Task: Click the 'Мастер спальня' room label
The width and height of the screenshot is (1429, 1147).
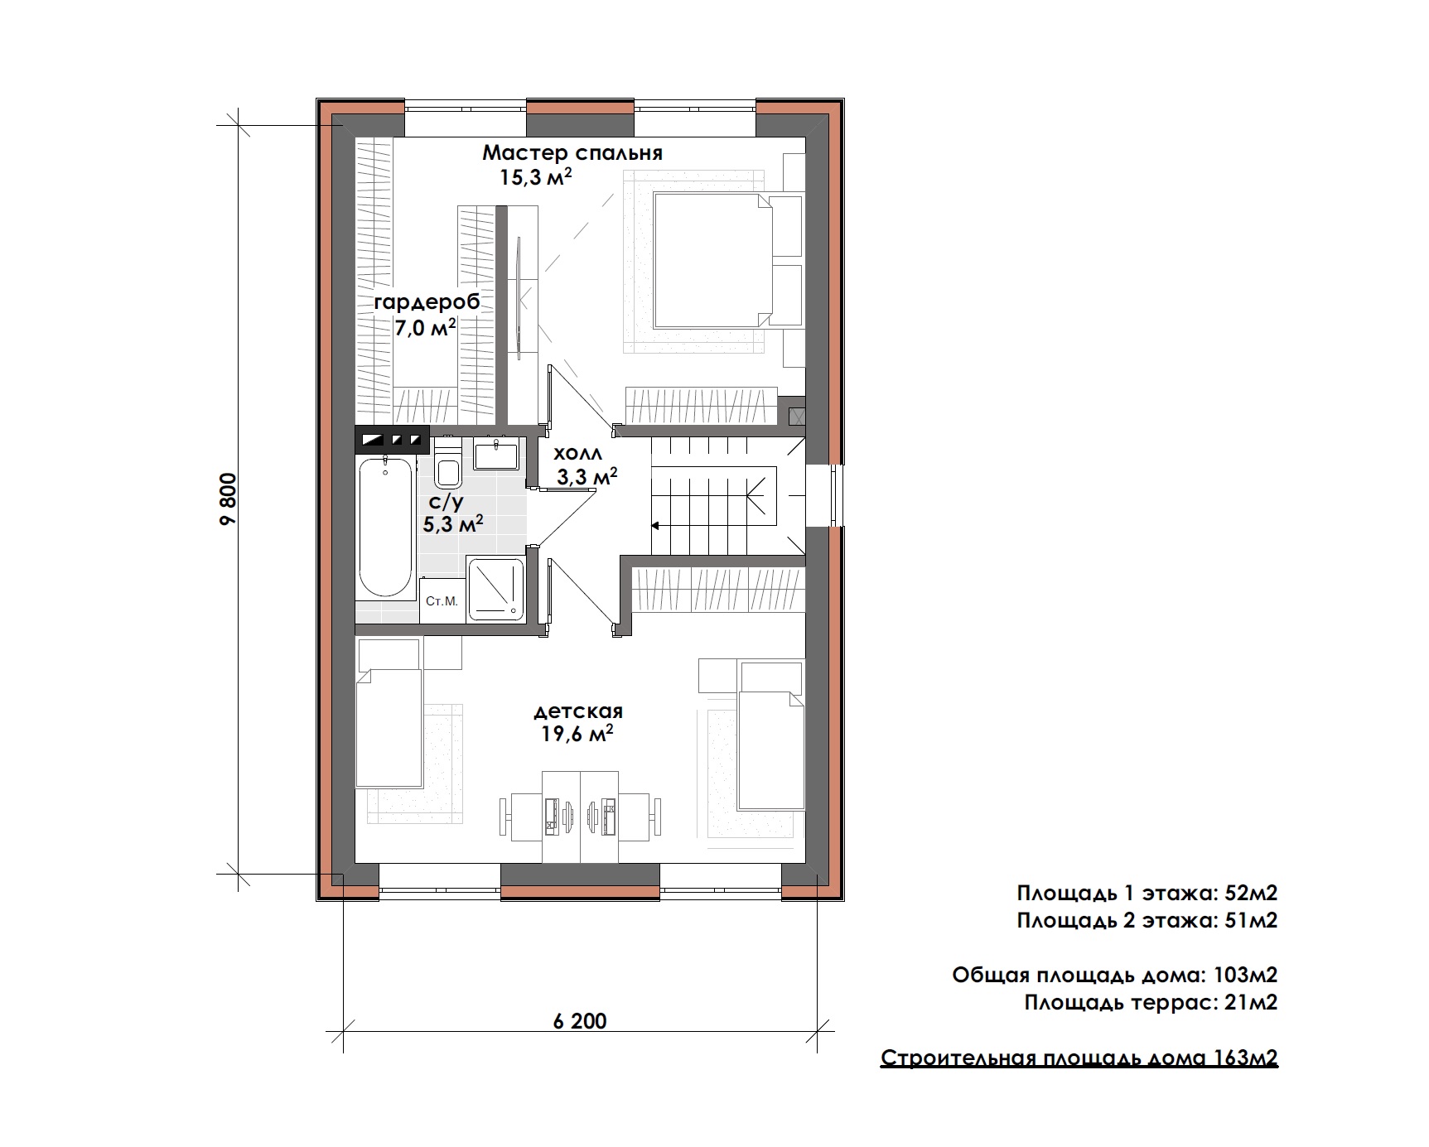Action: point(572,153)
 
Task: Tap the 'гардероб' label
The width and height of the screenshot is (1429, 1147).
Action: point(427,303)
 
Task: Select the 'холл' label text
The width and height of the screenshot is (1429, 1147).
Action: point(577,453)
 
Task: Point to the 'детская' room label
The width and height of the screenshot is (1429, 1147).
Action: point(578,711)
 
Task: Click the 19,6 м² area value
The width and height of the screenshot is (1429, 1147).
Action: point(577,734)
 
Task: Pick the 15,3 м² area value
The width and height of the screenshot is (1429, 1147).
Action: point(536,176)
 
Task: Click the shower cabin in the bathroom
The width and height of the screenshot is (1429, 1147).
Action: point(495,589)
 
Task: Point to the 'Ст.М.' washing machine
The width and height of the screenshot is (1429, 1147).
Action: point(442,600)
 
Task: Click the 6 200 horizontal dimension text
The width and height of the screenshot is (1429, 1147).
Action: point(580,1020)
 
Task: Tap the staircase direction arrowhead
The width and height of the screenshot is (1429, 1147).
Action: point(654,524)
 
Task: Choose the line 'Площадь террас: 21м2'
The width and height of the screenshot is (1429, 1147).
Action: point(1151,1002)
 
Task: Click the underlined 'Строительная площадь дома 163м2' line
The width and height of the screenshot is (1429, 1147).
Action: point(1079,1058)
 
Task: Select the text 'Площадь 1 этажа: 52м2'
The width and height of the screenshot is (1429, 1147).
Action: point(1147,893)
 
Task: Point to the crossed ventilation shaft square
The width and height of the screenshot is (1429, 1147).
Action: point(797,417)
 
